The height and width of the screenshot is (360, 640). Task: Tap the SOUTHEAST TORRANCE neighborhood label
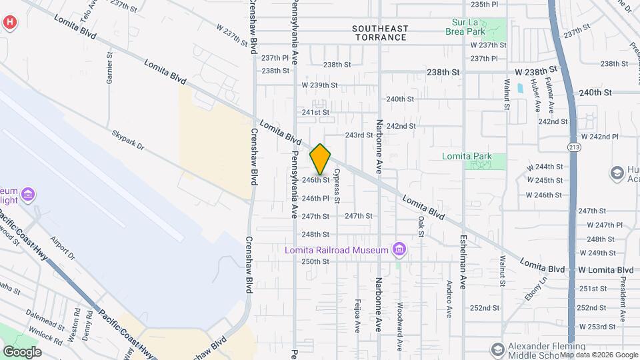(379, 33)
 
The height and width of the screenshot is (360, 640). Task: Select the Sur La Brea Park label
(476, 26)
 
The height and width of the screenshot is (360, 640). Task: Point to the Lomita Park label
(467, 157)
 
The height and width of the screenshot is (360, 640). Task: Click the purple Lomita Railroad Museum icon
(399, 250)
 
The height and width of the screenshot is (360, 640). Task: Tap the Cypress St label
(337, 186)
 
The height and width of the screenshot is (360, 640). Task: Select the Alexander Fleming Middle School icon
(497, 349)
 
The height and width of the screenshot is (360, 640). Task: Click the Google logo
(22, 352)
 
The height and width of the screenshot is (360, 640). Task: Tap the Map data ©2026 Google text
(599, 355)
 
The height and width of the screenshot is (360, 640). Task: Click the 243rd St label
(359, 135)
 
